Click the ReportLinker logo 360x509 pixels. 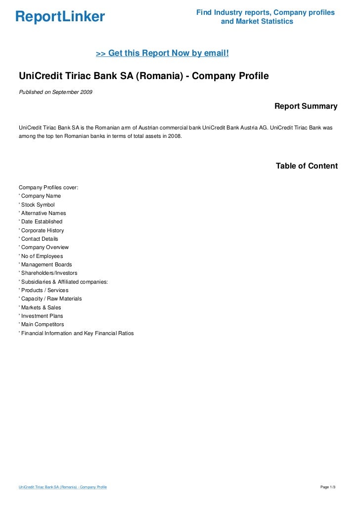click(x=60, y=17)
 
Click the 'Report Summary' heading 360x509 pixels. click(x=306, y=106)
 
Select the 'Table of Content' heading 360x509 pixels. click(x=307, y=166)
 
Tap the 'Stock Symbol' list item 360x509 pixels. click(x=37, y=205)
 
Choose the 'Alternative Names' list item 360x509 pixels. click(x=43, y=213)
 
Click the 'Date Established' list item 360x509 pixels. click(x=41, y=222)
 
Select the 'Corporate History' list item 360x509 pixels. click(x=42, y=230)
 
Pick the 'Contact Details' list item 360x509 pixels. click(x=39, y=239)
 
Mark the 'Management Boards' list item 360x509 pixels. click(x=45, y=264)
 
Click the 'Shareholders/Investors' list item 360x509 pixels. click(x=48, y=273)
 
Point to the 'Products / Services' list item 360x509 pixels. click(x=44, y=290)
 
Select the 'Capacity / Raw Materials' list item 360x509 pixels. click(x=50, y=298)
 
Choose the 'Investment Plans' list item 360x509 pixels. click(x=41, y=316)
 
